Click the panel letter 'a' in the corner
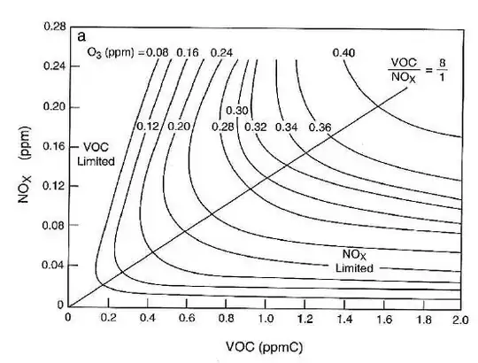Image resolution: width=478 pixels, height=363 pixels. pyautogui.click(x=82, y=36)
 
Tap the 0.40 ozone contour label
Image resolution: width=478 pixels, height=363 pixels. pyautogui.click(x=345, y=54)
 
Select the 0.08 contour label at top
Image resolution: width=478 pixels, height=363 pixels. pyautogui.click(x=158, y=54)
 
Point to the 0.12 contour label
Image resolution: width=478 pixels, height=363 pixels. pyautogui.click(x=147, y=127)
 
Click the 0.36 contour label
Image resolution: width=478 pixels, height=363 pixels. pyautogui.click(x=320, y=127)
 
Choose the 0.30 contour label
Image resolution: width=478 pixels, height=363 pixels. pyautogui.click(x=236, y=110)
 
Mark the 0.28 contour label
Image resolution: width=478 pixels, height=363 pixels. pyautogui.click(x=223, y=127)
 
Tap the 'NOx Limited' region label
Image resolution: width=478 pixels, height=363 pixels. pyautogui.click(x=354, y=259)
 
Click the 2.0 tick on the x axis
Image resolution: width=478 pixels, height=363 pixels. pyautogui.click(x=460, y=318)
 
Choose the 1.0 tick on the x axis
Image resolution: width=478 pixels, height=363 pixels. pyautogui.click(x=264, y=318)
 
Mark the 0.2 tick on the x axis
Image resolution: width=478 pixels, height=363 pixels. pyautogui.click(x=108, y=318)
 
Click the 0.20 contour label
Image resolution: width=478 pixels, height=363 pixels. pyautogui.click(x=179, y=127)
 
